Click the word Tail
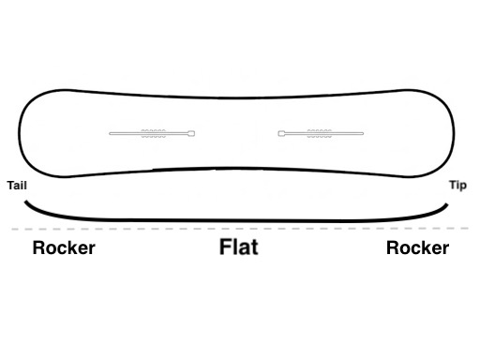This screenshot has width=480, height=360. coord(16,186)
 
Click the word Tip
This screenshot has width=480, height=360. coord(457,186)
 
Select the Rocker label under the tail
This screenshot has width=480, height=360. coord(64,248)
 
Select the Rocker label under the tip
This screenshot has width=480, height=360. coord(417,248)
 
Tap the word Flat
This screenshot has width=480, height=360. coord(238,248)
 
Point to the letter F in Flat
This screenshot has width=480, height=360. coord(225,248)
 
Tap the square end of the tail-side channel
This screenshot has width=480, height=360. coord(192,134)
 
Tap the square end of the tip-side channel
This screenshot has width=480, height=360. coord(281,134)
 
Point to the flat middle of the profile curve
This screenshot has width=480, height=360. coord(240,221)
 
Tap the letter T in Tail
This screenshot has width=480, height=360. coord(9,186)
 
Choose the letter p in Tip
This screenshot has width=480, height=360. coord(464,187)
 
